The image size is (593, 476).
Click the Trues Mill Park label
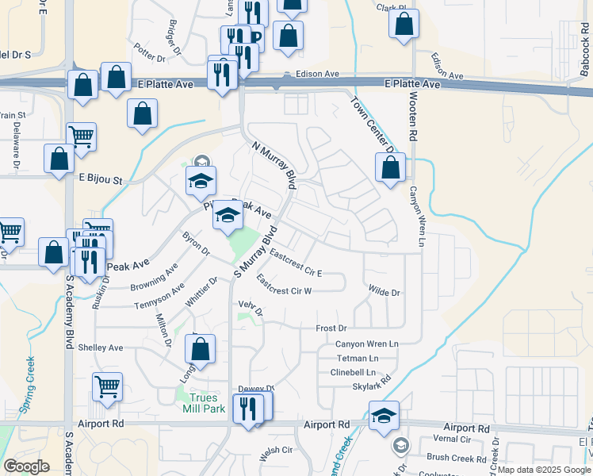(209, 404)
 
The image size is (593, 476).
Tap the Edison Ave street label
(317, 74)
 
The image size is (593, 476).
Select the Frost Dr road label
(331, 328)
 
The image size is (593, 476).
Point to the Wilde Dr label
(384, 292)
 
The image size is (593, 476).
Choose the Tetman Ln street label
(357, 359)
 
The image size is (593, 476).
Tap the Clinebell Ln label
(353, 372)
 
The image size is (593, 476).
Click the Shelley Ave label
(100, 347)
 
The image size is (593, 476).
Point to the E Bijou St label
(101, 180)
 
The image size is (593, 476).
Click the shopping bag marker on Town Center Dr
(390, 167)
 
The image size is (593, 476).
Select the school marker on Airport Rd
(384, 416)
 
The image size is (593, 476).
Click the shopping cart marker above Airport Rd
(108, 386)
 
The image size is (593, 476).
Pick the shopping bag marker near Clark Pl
(404, 24)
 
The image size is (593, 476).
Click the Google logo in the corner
(26, 466)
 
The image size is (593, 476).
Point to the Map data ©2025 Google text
(544, 470)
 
